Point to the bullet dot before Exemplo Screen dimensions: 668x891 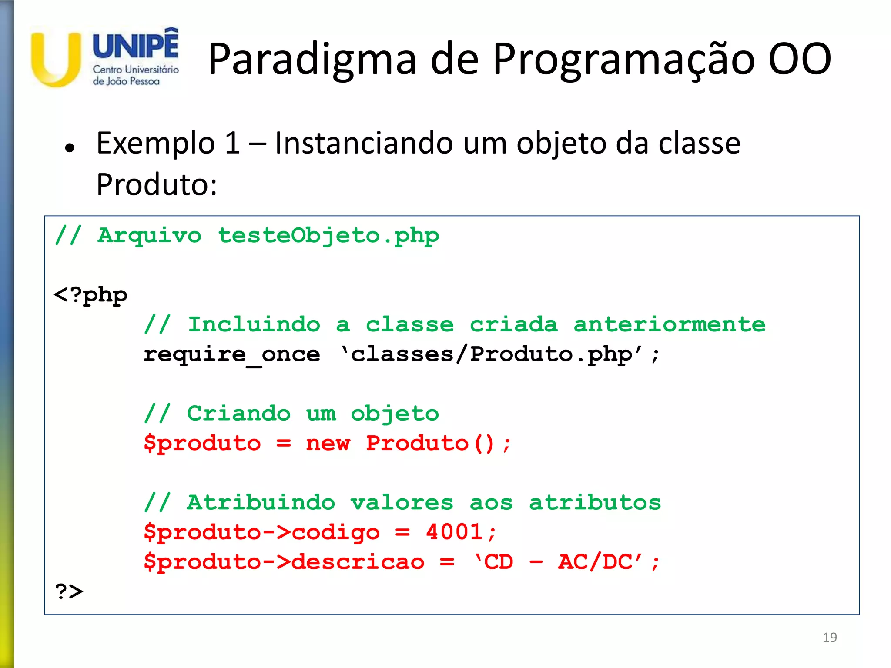(70, 148)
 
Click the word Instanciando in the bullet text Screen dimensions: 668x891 (364, 144)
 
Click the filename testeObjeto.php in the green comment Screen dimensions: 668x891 (328, 236)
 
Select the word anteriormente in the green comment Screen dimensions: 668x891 (669, 324)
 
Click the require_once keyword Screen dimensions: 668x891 (232, 354)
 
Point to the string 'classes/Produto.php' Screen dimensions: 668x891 (492, 354)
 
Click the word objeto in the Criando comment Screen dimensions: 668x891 (395, 414)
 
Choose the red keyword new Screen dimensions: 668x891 (328, 444)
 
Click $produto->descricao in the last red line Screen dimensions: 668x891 (284, 562)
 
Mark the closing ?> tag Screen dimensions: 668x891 (69, 591)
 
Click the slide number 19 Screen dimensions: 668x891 (829, 638)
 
